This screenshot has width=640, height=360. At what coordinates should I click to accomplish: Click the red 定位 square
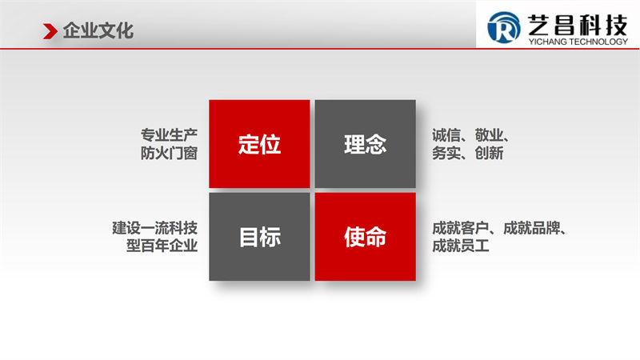tap(259, 144)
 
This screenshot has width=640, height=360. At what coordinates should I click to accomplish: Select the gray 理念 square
tap(366, 144)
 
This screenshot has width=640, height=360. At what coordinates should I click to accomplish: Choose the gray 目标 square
tap(259, 237)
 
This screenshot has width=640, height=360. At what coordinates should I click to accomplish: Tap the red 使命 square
tap(366, 237)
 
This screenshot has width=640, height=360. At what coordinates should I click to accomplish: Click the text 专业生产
tap(170, 134)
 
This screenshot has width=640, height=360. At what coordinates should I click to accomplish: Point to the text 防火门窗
tap(170, 153)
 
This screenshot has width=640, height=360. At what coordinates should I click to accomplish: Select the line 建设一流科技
tap(155, 227)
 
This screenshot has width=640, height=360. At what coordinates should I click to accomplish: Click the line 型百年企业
tap(162, 246)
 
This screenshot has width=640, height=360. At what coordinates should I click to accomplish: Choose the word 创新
tap(486, 153)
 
